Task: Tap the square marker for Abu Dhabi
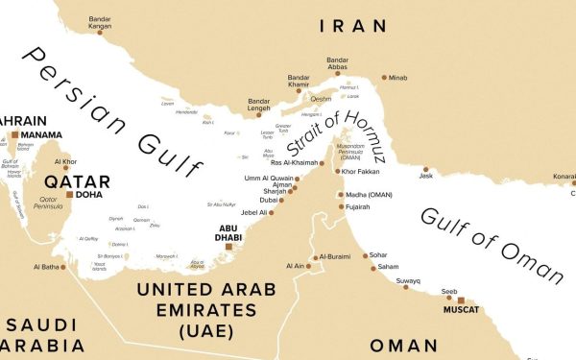[x=228, y=247]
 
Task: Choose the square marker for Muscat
[x=461, y=300]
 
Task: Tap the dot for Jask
[x=426, y=169]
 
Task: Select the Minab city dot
[x=384, y=77]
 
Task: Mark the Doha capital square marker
[x=68, y=194]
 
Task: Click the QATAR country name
[x=77, y=180]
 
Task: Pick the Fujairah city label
[x=359, y=206]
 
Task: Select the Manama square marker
[x=14, y=134]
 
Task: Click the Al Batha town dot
[x=64, y=267]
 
